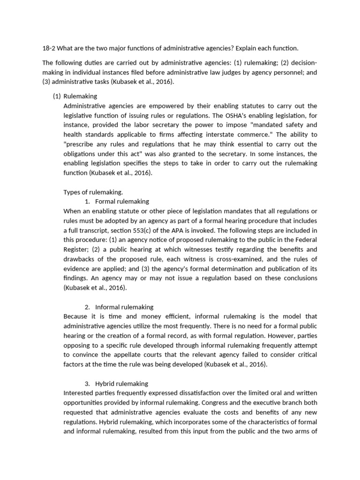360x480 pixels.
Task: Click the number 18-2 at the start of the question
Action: (x=49, y=48)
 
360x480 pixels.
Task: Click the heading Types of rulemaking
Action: (x=93, y=192)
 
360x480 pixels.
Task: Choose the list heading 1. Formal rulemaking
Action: (x=117, y=201)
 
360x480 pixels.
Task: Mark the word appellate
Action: (x=138, y=355)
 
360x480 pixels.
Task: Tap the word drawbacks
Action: (x=79, y=259)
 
